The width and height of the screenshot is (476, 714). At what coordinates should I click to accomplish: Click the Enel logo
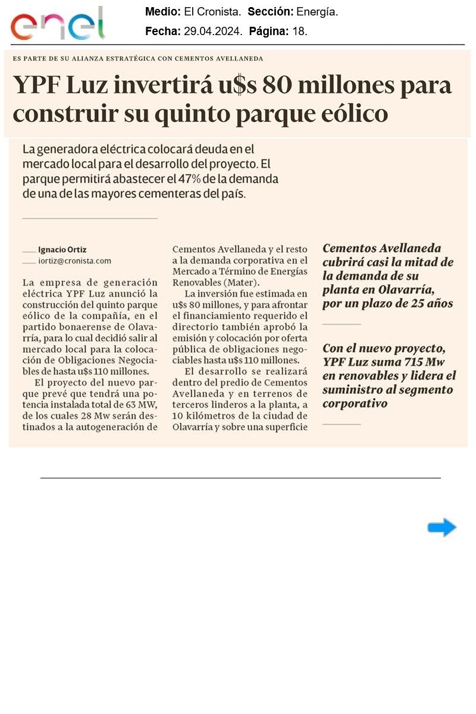pyautogui.click(x=57, y=24)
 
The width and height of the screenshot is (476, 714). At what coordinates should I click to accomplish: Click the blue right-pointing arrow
pyautogui.click(x=441, y=527)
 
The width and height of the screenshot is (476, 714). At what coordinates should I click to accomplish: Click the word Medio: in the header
pyautogui.click(x=163, y=12)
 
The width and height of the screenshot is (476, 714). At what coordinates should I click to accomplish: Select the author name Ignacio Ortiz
pyautogui.click(x=62, y=250)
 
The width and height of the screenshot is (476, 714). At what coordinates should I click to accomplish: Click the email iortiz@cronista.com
pyautogui.click(x=74, y=261)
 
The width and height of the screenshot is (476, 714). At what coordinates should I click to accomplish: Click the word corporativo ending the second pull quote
pyautogui.click(x=355, y=404)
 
